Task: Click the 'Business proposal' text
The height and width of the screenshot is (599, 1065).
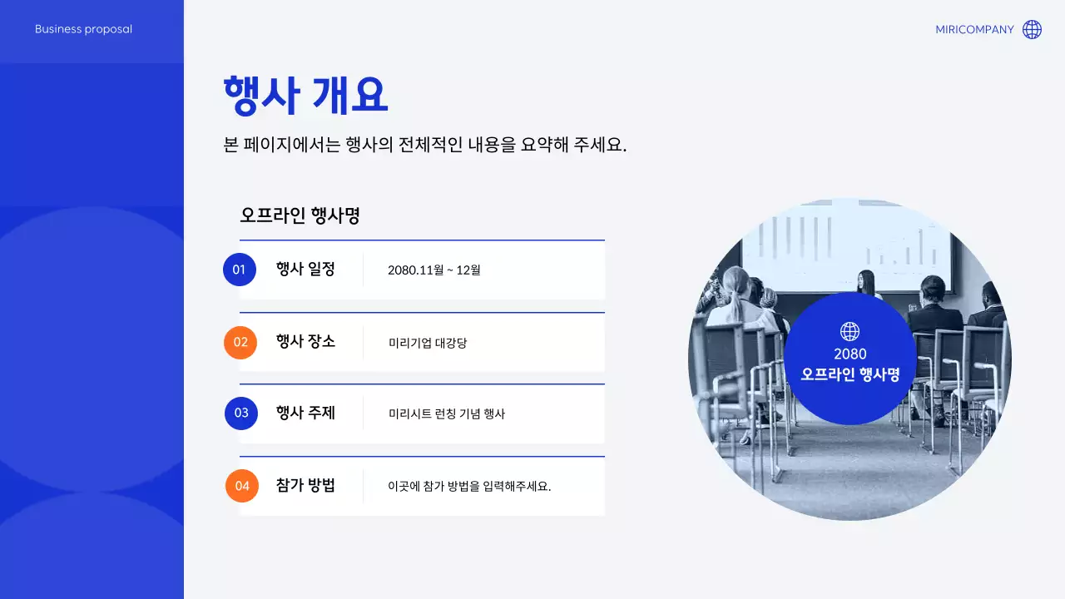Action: point(83,29)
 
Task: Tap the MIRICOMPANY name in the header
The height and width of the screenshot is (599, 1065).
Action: point(974,30)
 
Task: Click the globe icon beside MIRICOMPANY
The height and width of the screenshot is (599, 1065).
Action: point(1032,30)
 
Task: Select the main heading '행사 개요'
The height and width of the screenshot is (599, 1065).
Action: point(305,95)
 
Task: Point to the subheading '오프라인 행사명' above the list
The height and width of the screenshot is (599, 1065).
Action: point(300,215)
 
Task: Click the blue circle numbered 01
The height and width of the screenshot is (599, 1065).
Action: point(240,270)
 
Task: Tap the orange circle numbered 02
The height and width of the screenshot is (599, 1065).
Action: point(240,342)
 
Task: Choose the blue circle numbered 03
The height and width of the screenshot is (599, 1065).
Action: point(241,413)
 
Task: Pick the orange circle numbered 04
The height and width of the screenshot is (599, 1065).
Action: point(242,486)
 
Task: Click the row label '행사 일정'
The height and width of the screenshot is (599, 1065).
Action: point(305,269)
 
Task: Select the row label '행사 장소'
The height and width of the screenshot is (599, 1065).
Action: point(305,341)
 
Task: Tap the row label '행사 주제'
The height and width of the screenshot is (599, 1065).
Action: point(305,413)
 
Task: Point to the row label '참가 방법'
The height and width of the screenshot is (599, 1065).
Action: point(305,485)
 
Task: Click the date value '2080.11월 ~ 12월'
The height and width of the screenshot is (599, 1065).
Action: point(434,270)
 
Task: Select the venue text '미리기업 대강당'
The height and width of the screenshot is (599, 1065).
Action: point(428,343)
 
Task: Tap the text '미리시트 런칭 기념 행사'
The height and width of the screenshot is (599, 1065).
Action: point(447,413)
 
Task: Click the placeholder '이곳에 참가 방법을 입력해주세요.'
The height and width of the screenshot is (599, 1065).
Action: point(469,486)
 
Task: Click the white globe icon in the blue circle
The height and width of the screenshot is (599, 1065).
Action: point(850,332)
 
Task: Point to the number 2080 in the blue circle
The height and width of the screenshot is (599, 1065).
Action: point(850,354)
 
